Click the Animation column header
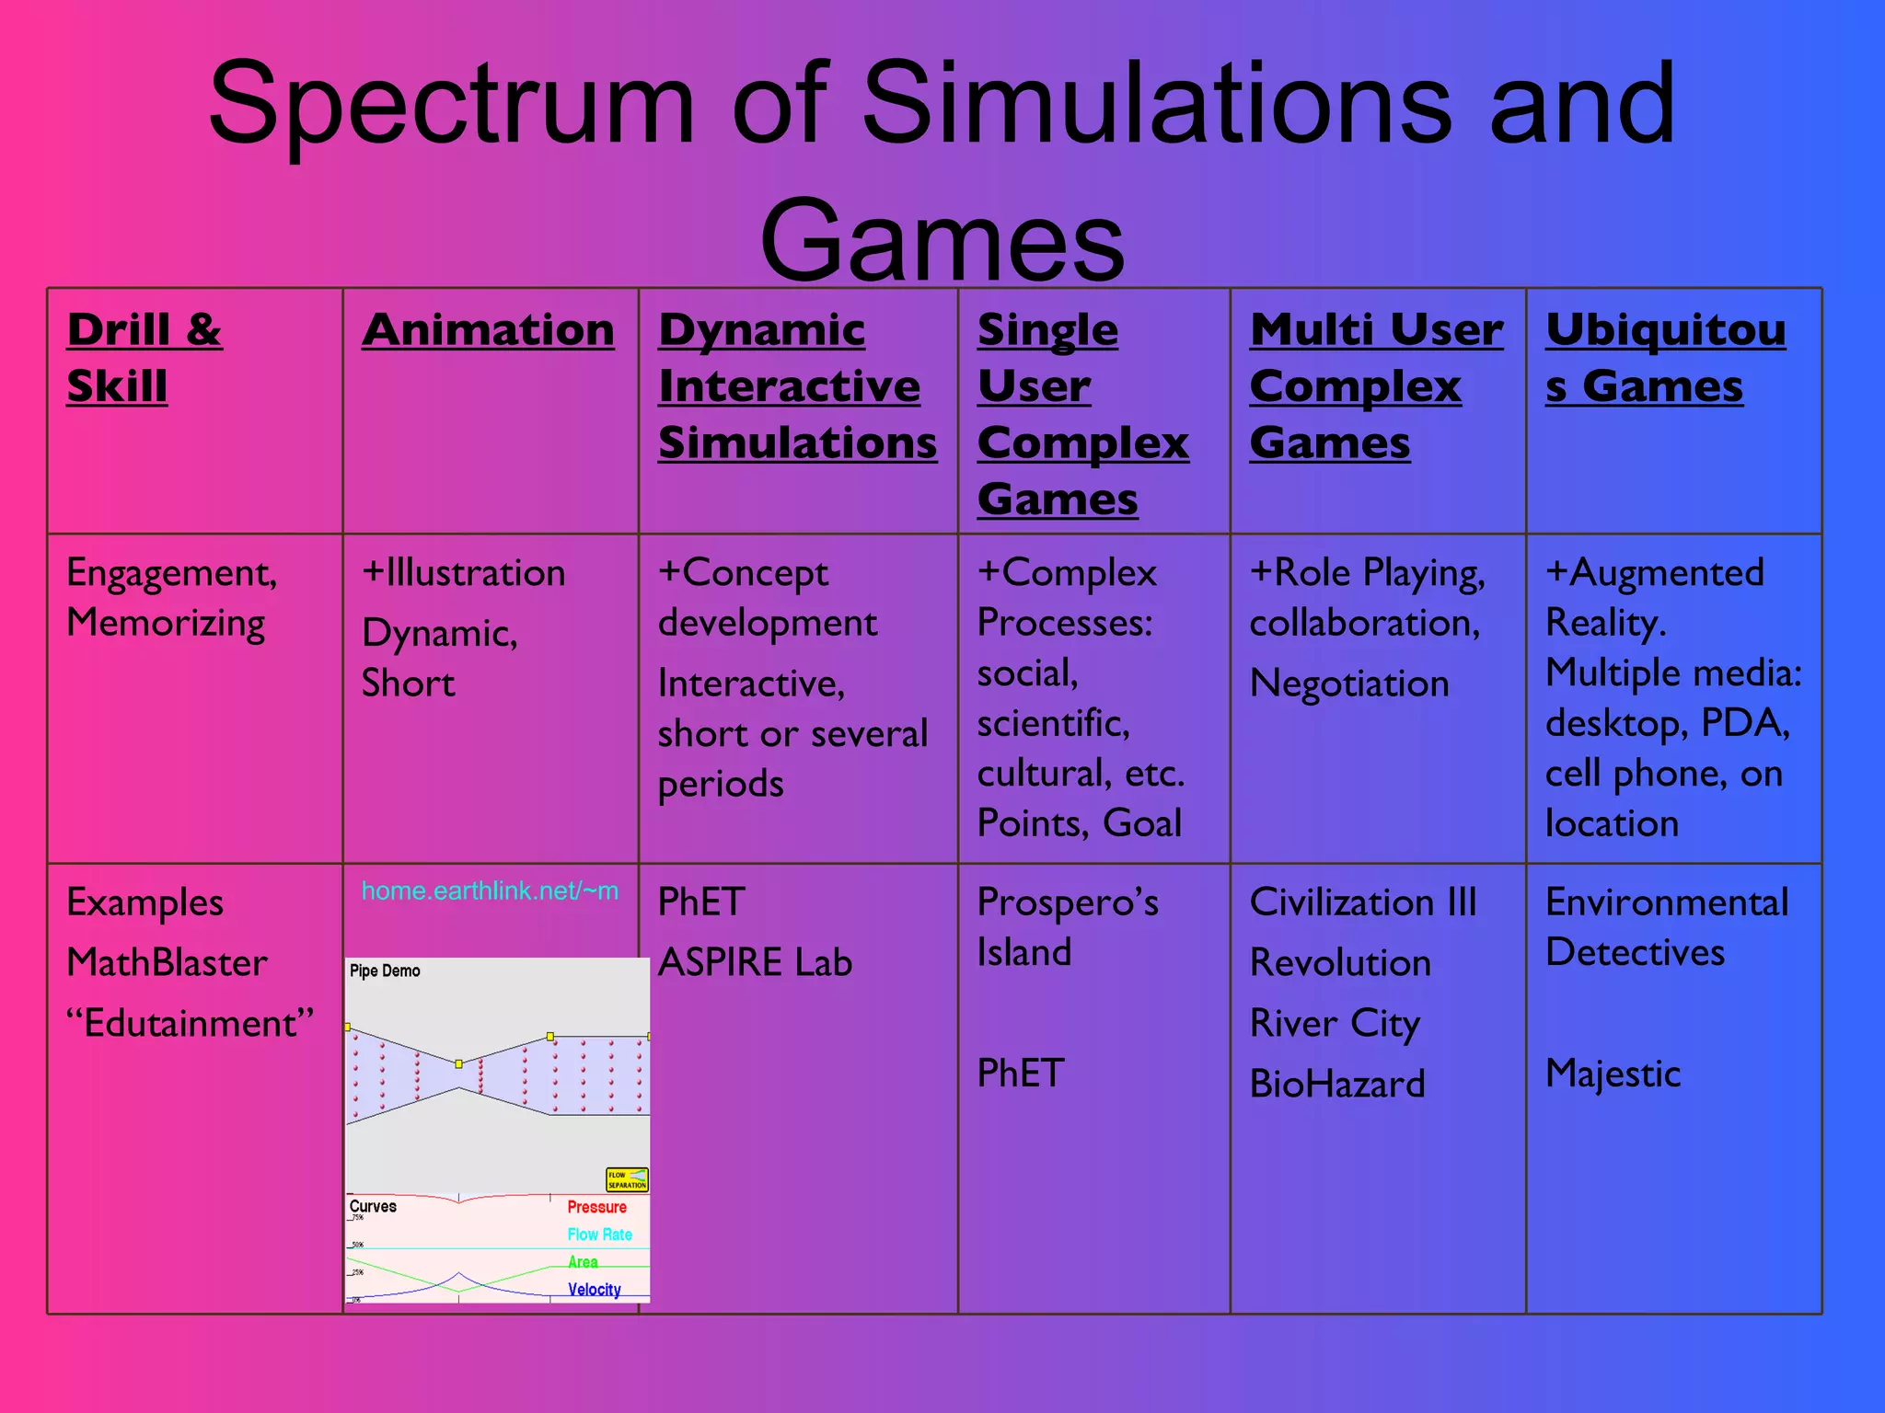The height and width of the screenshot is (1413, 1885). click(488, 330)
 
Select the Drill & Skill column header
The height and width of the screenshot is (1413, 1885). click(144, 357)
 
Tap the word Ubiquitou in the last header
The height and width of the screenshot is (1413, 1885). click(1665, 330)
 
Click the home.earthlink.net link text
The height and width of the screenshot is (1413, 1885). click(490, 890)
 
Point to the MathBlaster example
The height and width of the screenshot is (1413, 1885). click(168, 963)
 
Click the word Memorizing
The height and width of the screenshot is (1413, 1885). click(167, 624)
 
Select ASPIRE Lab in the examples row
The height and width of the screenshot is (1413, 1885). click(755, 963)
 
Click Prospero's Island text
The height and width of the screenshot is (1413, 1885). click(1068, 927)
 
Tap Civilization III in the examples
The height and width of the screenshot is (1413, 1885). click(1363, 902)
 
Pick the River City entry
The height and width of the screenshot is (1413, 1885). click(1335, 1024)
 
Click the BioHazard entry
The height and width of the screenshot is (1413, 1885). click(1337, 1085)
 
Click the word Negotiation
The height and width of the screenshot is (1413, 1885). click(1349, 684)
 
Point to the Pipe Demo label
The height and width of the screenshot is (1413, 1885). click(385, 971)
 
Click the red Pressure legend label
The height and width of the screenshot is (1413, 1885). click(596, 1207)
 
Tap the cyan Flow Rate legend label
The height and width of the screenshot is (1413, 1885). click(599, 1235)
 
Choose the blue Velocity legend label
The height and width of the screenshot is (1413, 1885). click(594, 1290)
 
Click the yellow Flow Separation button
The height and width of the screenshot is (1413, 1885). click(627, 1179)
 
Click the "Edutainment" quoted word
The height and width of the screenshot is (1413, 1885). click(191, 1024)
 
